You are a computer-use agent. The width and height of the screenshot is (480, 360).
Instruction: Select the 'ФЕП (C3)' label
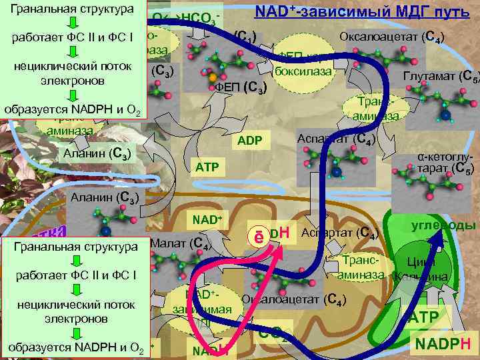(241, 87)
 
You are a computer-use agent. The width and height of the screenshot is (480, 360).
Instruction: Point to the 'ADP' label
(252, 141)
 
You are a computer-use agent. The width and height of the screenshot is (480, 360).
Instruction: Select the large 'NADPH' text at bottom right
(443, 343)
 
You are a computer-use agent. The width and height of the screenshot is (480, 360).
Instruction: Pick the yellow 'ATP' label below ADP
(207, 165)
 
